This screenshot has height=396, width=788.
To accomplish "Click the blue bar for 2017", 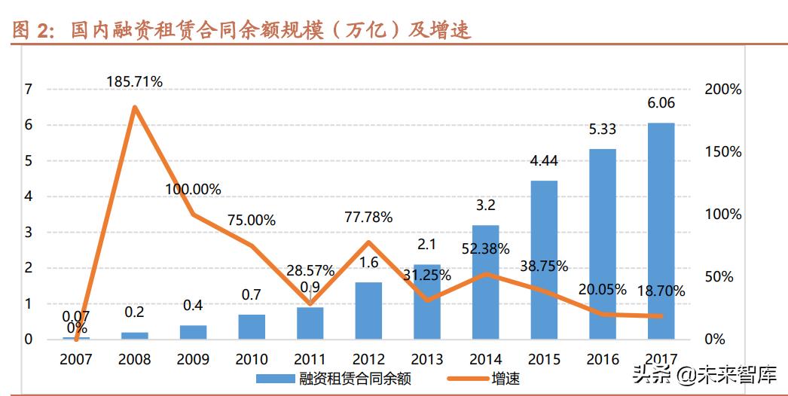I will [x=661, y=230].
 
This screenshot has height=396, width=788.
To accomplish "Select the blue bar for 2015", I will [x=544, y=260].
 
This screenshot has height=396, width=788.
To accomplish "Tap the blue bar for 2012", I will [x=368, y=310].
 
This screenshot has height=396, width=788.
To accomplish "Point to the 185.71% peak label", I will [x=134, y=82].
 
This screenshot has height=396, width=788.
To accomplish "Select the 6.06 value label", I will [x=661, y=103].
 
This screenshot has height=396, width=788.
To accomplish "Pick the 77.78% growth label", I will [x=367, y=218].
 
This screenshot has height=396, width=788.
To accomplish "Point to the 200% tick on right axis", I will [x=723, y=90].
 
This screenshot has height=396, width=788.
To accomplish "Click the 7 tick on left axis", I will [x=29, y=90].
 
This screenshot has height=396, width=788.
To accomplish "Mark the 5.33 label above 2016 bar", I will [x=602, y=129].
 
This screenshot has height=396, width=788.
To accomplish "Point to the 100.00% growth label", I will [x=194, y=189].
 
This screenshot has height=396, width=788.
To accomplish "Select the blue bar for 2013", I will [x=426, y=301].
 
